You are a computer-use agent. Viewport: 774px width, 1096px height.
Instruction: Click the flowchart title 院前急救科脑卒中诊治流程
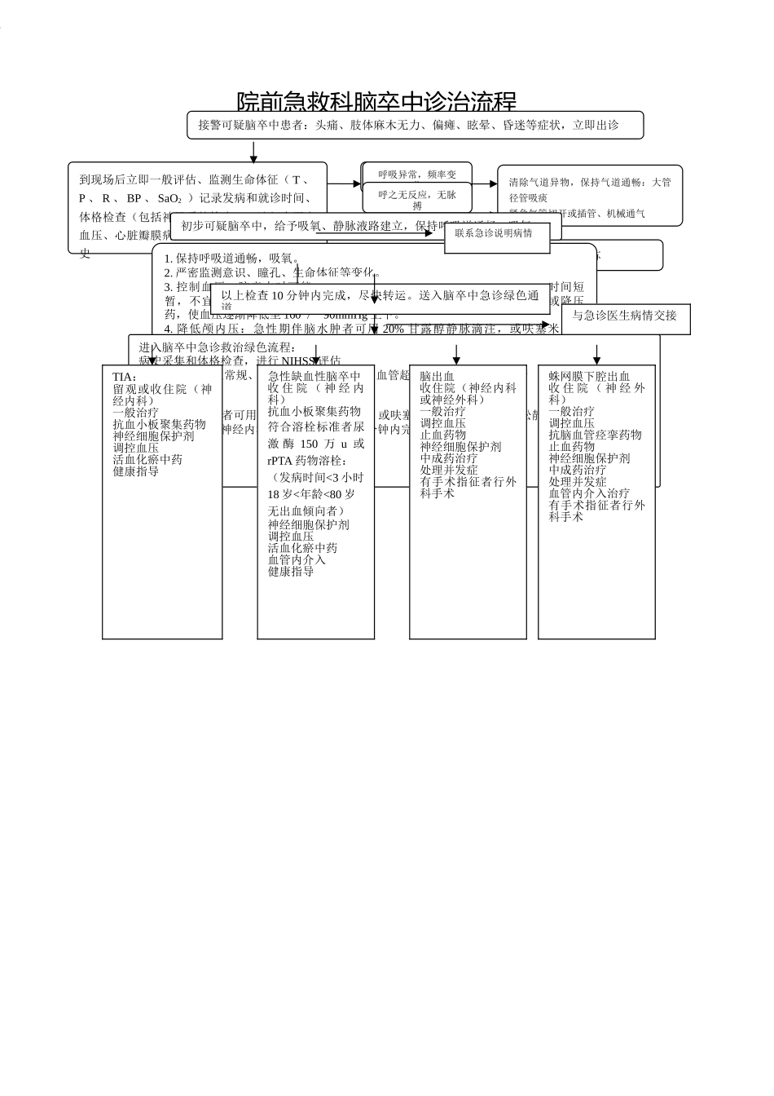[x=376, y=102]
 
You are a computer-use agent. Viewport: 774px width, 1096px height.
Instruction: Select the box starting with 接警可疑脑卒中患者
[x=415, y=125]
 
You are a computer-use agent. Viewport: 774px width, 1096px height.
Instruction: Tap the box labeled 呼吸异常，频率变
[x=417, y=174]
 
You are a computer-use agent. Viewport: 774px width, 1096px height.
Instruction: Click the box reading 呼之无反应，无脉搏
[x=417, y=199]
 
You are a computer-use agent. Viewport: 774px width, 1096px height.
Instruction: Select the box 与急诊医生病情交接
[x=624, y=316]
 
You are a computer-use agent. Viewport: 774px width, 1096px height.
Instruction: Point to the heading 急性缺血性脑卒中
[x=314, y=377]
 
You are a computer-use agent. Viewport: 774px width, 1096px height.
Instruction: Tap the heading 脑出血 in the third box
[x=437, y=377]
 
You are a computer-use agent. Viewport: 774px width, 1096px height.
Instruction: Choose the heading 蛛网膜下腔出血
[x=589, y=377]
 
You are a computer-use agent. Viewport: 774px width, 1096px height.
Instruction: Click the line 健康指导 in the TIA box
[x=136, y=471]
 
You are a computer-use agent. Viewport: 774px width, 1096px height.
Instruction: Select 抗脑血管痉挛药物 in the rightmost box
[x=595, y=435]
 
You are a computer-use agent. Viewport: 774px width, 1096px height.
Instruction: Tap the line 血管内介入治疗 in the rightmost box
[x=589, y=493]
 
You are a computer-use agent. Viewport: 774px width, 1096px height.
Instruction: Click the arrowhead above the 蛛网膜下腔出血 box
[x=597, y=360]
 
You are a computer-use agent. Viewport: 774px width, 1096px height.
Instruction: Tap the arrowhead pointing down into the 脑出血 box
[x=456, y=360]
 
